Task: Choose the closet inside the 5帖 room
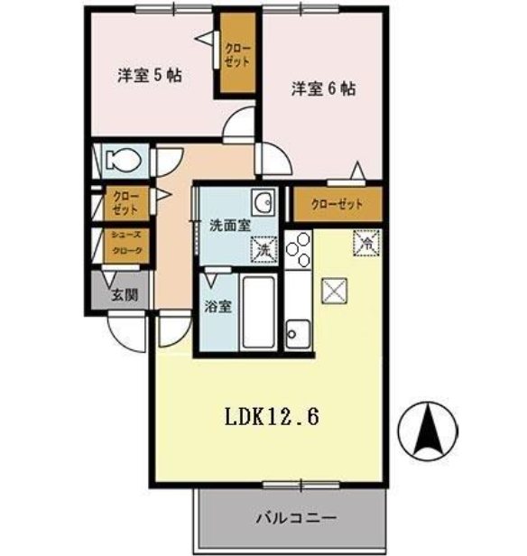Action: (238, 54)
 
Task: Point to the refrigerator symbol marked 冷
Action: (366, 242)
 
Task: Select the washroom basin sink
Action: (263, 202)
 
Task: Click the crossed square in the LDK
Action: (334, 291)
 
